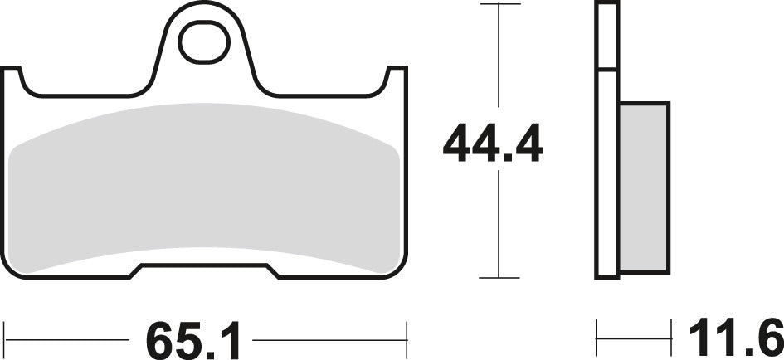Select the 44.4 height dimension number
[x=493, y=144]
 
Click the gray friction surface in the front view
[x=207, y=187]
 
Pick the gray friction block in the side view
[x=644, y=187]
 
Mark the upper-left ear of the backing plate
[x=12, y=80]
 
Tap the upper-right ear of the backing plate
[x=398, y=80]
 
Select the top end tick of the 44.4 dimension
[x=498, y=5]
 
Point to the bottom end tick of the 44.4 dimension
[x=498, y=278]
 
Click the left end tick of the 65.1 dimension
[x=5, y=340]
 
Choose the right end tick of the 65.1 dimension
[x=407, y=340]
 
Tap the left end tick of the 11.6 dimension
[x=597, y=340]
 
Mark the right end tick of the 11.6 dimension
[x=670, y=340]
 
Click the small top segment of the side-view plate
[x=607, y=36]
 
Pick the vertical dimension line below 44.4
[x=498, y=224]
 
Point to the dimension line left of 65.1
[x=66, y=340]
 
